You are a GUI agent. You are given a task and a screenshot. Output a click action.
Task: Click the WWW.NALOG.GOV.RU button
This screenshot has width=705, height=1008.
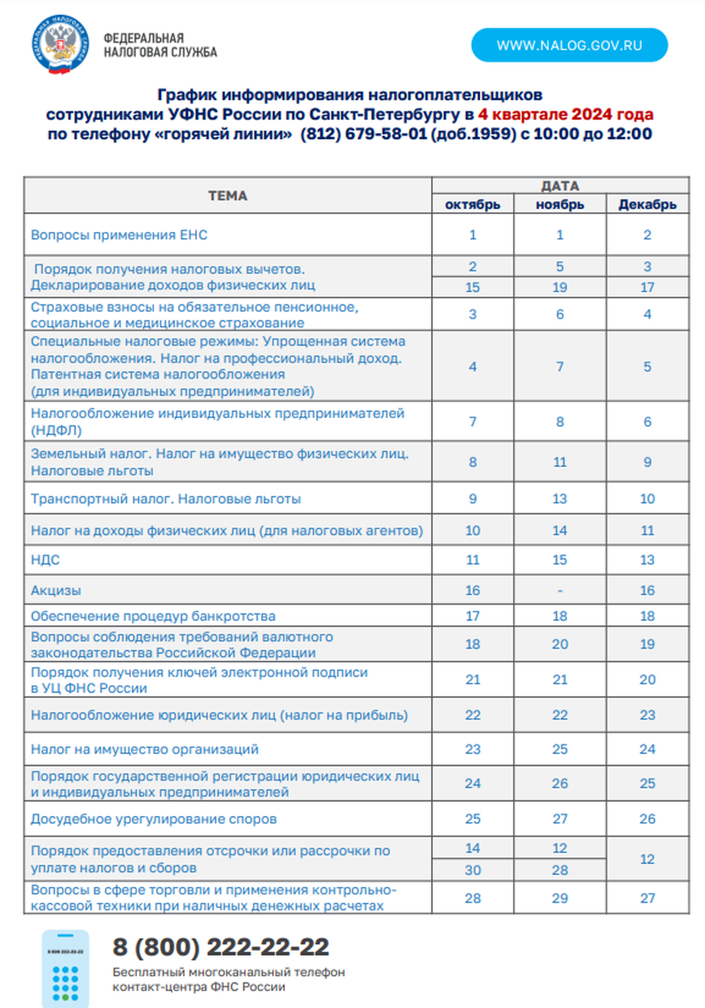(x=569, y=45)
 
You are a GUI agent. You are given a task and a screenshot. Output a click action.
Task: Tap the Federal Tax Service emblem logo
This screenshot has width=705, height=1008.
(x=61, y=45)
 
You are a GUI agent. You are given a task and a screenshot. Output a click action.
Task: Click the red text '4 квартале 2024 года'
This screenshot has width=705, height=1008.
(x=565, y=114)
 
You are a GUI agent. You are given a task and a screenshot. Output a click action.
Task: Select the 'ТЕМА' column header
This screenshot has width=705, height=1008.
(x=228, y=196)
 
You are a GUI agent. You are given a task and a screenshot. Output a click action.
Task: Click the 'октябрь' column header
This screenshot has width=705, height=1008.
(x=472, y=204)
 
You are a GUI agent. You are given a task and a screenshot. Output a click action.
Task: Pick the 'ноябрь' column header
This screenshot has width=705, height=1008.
(x=560, y=204)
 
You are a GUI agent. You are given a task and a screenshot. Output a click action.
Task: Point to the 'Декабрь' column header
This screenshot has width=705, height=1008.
(x=647, y=204)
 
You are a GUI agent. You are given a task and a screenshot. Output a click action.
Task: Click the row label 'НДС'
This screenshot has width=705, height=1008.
(x=45, y=560)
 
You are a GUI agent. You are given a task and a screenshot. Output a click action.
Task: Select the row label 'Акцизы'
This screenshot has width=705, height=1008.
(x=56, y=590)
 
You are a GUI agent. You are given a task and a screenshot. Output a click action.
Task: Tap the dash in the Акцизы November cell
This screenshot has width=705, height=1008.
(x=560, y=591)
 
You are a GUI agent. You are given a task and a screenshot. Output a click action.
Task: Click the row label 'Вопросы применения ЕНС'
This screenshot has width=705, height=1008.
(x=119, y=235)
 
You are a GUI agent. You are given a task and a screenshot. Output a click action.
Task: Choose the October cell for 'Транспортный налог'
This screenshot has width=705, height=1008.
(x=472, y=498)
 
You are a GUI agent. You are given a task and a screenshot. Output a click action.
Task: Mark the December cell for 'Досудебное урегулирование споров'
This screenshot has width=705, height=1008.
(x=647, y=819)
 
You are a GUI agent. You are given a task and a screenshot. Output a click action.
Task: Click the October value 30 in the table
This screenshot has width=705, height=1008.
(x=472, y=870)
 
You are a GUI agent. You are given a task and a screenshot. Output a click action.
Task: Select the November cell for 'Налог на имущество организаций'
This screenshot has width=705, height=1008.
(x=560, y=749)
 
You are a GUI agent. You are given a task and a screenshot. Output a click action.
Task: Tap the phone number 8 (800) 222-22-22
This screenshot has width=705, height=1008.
(x=221, y=947)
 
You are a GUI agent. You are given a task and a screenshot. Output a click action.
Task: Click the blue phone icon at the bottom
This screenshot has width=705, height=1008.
(x=65, y=968)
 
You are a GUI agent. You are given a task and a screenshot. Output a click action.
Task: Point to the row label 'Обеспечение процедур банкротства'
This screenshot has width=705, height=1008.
(x=153, y=616)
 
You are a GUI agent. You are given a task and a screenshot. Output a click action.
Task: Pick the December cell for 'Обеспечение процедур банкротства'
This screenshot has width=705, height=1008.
(x=647, y=616)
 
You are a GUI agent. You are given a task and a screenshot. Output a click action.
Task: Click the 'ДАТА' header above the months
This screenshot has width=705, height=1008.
(x=560, y=186)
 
